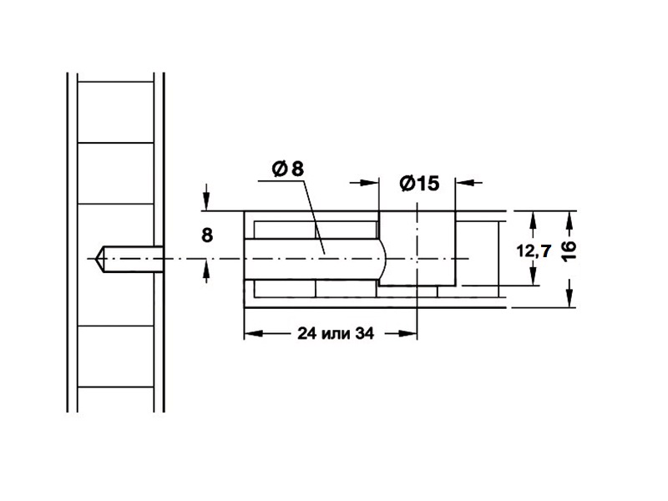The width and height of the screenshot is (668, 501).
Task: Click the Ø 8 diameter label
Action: [288, 169]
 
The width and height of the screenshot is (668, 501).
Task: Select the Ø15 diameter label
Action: [419, 183]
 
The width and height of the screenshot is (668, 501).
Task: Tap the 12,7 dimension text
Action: [534, 251]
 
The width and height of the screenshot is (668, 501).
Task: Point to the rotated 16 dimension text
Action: [569, 250]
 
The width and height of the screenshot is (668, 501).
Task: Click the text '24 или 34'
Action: [336, 333]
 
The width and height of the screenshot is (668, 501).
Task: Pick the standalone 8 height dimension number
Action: [207, 235]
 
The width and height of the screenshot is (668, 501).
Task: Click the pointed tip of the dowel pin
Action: [95, 259]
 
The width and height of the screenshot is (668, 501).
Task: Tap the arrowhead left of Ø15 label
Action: [369, 182]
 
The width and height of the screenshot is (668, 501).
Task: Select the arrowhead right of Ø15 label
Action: [465, 182]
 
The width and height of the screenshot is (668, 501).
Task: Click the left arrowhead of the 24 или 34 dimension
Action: [254, 333]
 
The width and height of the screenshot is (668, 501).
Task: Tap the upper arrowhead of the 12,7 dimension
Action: [533, 220]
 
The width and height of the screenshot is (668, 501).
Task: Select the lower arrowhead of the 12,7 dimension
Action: [533, 276]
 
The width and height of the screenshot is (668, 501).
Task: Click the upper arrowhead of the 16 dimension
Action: [569, 220]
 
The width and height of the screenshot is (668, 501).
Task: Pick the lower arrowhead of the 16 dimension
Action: [569, 297]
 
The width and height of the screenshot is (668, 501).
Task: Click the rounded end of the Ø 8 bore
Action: [383, 259]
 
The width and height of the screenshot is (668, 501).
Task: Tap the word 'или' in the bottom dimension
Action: [337, 334]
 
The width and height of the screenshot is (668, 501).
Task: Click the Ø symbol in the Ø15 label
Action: [407, 183]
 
